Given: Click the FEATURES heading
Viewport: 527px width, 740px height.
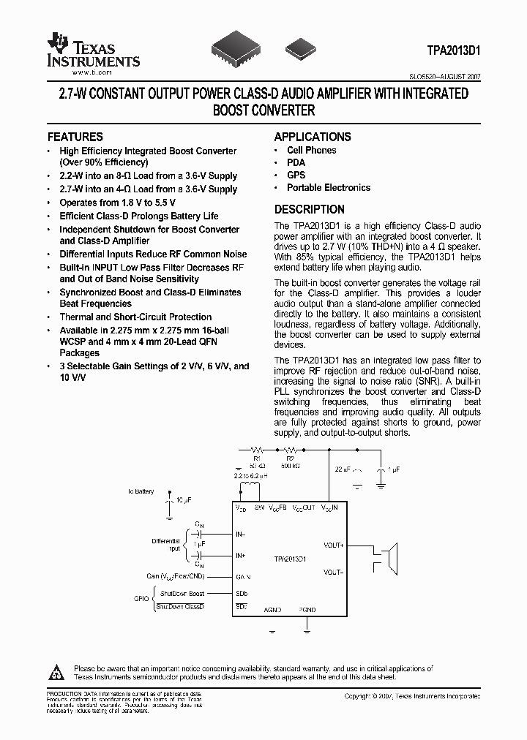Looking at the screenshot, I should point(75,137).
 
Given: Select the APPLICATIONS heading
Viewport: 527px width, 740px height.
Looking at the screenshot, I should point(313,137).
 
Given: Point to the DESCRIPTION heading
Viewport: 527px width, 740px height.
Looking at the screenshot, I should point(309,209).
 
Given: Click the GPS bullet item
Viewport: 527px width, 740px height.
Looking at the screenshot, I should point(296,175).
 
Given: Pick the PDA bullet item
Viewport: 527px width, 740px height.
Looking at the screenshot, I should point(296,163).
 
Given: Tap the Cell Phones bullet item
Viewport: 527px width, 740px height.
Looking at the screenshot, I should point(311,151).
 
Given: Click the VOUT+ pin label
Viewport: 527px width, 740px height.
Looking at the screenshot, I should point(334,545).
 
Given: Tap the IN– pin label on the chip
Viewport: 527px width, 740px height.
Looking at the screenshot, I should point(240,535).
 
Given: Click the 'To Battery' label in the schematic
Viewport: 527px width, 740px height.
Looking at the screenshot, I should point(141,491).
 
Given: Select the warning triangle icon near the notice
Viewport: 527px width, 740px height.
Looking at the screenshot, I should point(58,671).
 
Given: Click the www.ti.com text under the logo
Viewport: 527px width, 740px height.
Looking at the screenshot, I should point(91,72).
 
